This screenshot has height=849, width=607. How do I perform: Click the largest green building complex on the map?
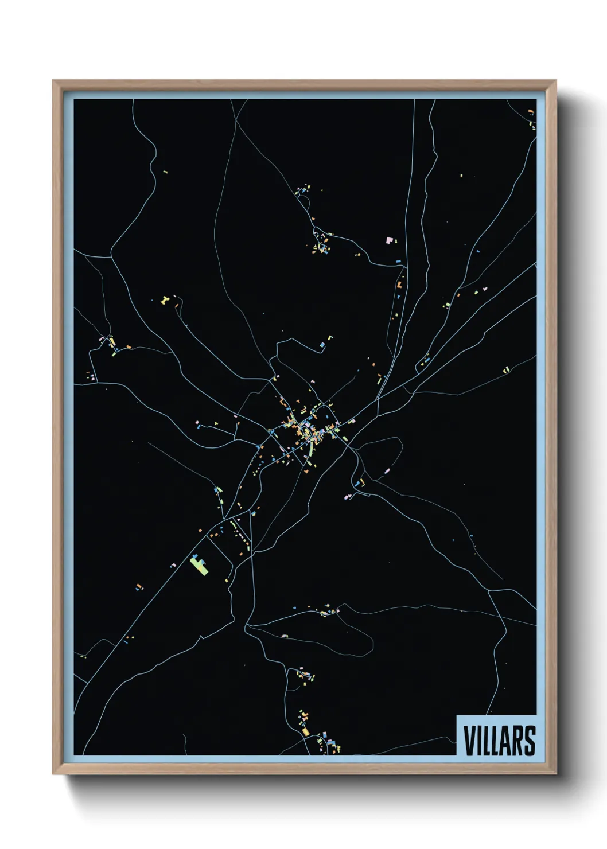pos(200,564)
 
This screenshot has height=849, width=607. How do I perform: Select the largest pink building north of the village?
pos(391,240)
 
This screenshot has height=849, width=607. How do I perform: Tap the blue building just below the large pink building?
pos(398,261)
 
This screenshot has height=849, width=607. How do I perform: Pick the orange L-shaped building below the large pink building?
pos(399,284)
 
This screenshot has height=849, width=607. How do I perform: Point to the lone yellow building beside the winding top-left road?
pos(165,171)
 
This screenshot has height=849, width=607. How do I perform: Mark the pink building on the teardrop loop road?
pos(285,636)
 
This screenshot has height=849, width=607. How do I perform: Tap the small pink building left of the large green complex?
pos(172,565)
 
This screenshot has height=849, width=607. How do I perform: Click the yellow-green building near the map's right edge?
pos(506,370)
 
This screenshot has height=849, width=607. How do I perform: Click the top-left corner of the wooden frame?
pos(53,81)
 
